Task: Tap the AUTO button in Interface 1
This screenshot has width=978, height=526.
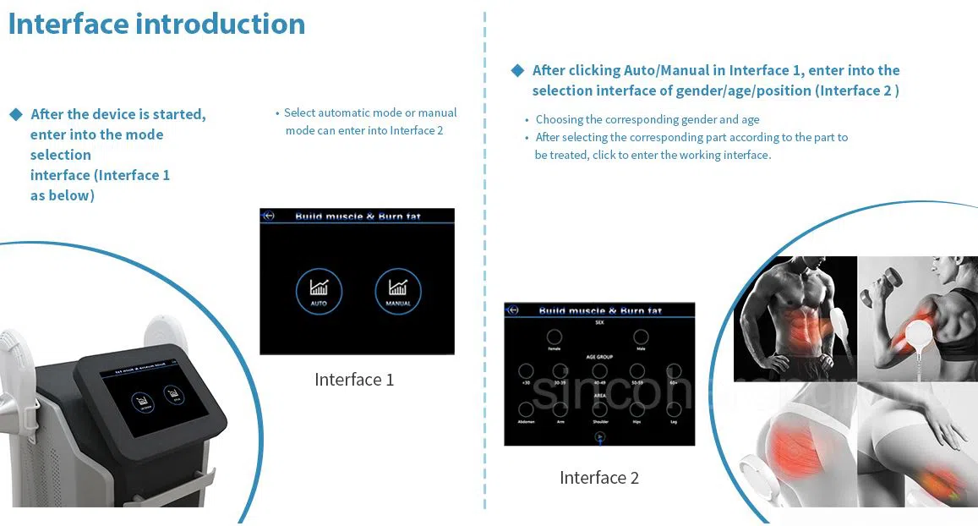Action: (319, 291)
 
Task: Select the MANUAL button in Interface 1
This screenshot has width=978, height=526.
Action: (397, 291)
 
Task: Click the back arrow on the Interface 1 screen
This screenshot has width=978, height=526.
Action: (269, 216)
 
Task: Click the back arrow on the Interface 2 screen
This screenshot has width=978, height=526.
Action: (512, 310)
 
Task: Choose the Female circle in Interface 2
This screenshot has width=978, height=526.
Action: (554, 336)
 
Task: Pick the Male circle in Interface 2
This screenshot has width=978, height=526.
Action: (641, 336)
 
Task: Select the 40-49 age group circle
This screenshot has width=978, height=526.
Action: (599, 371)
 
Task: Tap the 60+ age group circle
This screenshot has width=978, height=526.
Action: (674, 371)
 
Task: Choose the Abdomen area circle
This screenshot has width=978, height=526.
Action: (526, 409)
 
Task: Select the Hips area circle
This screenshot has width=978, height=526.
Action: (637, 409)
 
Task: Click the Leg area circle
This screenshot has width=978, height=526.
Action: (674, 409)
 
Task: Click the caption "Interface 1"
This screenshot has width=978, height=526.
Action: (354, 380)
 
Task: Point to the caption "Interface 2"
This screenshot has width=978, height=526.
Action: (598, 478)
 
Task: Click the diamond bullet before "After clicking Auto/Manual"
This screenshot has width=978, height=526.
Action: (518, 70)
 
